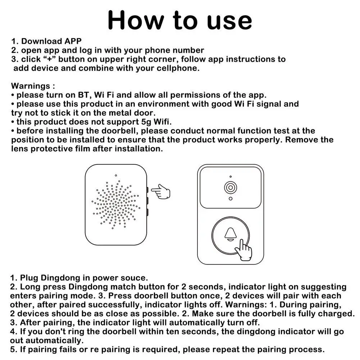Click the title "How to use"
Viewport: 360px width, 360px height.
(180, 20)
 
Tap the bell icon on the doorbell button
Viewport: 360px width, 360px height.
(231, 234)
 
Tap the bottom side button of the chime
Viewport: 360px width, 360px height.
(147, 213)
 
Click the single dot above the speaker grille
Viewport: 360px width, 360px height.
(116, 176)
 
